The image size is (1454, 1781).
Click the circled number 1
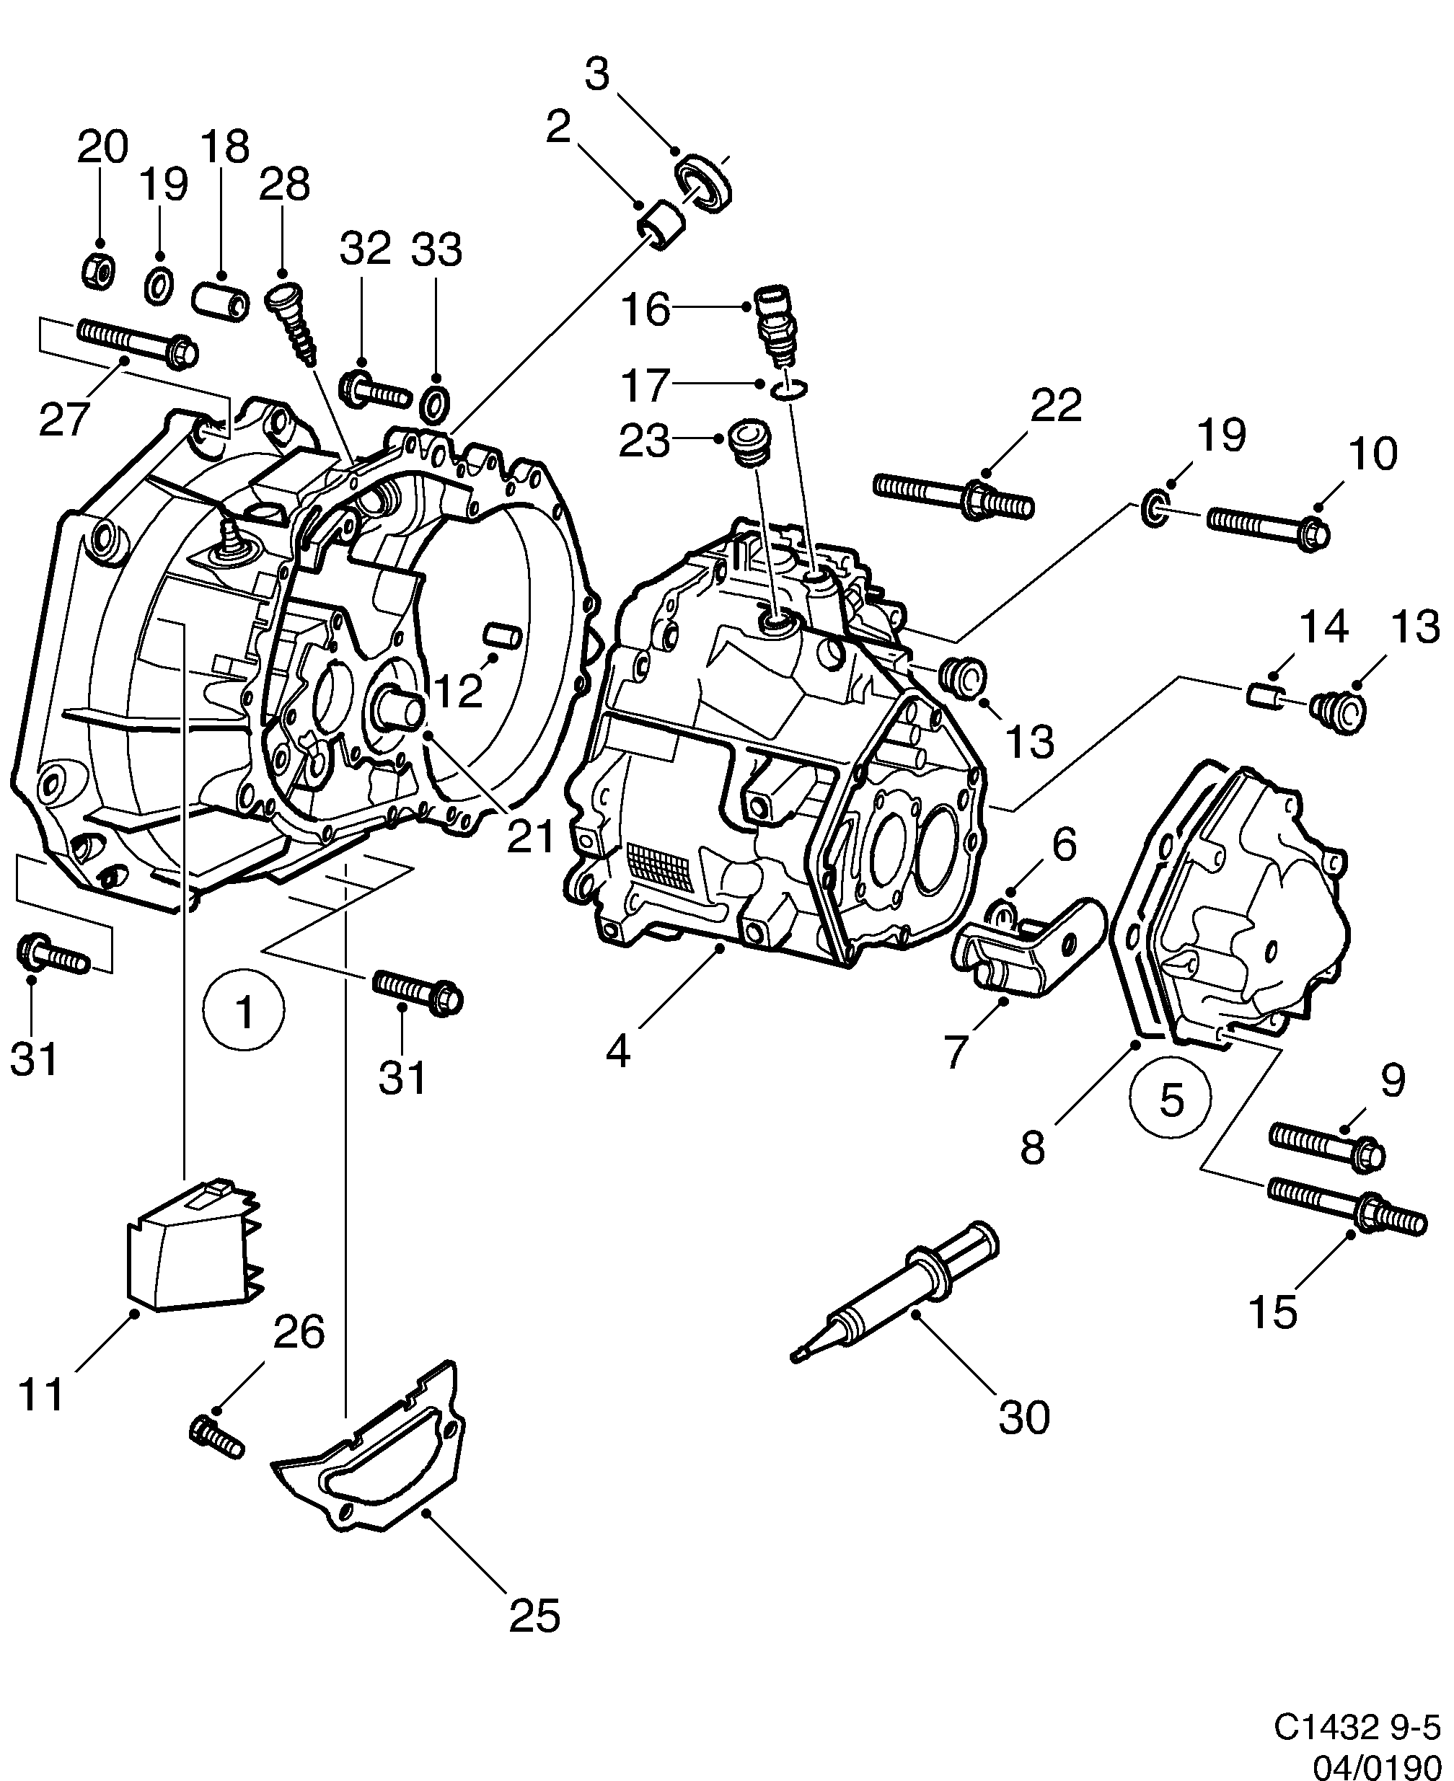click(244, 1012)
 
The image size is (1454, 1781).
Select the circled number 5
click(1171, 1099)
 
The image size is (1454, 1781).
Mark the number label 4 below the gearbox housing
click(617, 1050)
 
